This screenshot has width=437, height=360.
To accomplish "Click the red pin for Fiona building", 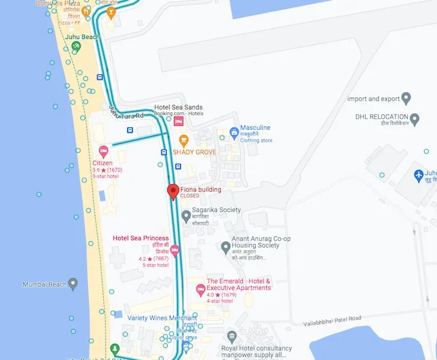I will pyautogui.click(x=173, y=191).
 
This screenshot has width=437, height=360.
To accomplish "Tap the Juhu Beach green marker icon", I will pyautogui.click(x=76, y=46).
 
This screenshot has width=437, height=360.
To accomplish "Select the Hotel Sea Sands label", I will pyautogui.click(x=179, y=107).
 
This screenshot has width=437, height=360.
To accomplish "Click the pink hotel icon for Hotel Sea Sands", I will pyautogui.click(x=179, y=122).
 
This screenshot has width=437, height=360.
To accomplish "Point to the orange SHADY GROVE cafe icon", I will pyautogui.click(x=183, y=140).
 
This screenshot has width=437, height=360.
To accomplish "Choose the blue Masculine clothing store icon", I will pyautogui.click(x=234, y=131).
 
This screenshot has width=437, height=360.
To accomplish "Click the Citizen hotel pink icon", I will pyautogui.click(x=103, y=150).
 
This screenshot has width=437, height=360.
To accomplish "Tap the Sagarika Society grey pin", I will pyautogui.click(x=186, y=214).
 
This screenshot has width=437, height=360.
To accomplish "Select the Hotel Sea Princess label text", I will pyautogui.click(x=141, y=238).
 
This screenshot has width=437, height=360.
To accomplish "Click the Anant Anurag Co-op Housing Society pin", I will pyautogui.click(x=225, y=246).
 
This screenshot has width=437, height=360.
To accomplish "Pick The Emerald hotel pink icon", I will pyautogui.click(x=201, y=290).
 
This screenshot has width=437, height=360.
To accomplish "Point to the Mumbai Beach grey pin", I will pyautogui.click(x=73, y=283).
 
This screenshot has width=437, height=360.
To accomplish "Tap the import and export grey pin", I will pyautogui.click(x=406, y=98).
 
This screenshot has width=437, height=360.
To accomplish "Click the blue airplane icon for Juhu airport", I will pyautogui.click(x=419, y=175).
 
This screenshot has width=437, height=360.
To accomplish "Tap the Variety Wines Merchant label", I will pyautogui.click(x=162, y=318).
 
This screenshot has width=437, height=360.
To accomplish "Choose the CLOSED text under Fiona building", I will pyautogui.click(x=189, y=196).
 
